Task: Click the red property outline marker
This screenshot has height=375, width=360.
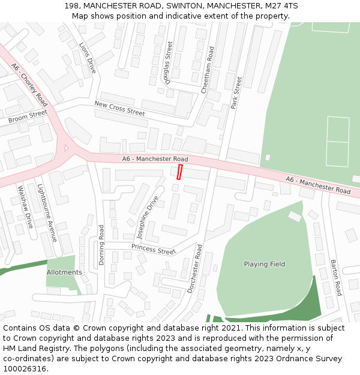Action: pyautogui.click(x=179, y=172)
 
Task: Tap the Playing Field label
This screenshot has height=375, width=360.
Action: pyautogui.click(x=265, y=264)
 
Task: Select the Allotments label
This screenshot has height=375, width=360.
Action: pyautogui.click(x=64, y=272)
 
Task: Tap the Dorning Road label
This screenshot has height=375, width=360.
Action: pyautogui.click(x=102, y=245)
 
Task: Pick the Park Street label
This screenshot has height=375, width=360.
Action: pyautogui.click(x=236, y=92)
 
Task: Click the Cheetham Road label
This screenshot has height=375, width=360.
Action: pyautogui.click(x=208, y=70)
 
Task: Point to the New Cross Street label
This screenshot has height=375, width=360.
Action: pyautogui.click(x=119, y=109)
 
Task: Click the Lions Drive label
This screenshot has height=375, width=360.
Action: pyautogui.click(x=88, y=58)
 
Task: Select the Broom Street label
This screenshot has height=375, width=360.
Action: pyautogui.click(x=28, y=116)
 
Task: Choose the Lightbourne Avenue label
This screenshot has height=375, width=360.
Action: pyautogui.click(x=47, y=212)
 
